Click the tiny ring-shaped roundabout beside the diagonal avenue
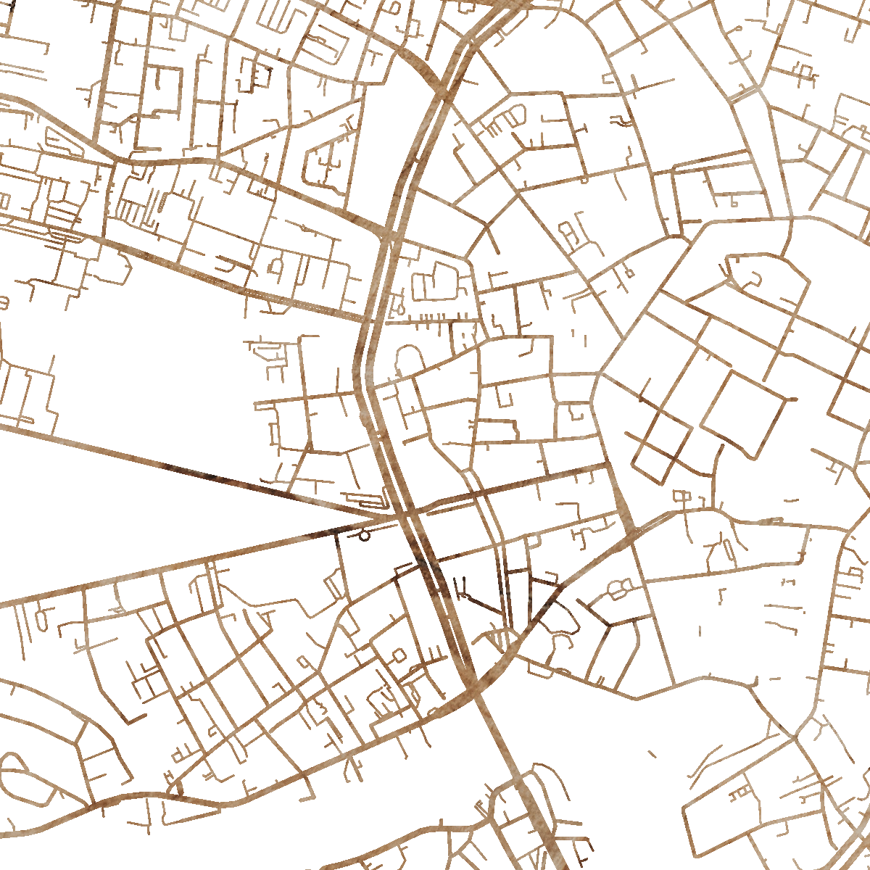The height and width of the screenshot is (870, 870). point(364,536)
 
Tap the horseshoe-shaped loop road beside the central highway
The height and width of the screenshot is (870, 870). point(409,359)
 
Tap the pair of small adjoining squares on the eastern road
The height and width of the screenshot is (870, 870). point(683,497)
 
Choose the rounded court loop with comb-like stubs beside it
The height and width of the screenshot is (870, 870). point(507,116)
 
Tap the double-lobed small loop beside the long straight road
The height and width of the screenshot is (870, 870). point(618,589)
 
